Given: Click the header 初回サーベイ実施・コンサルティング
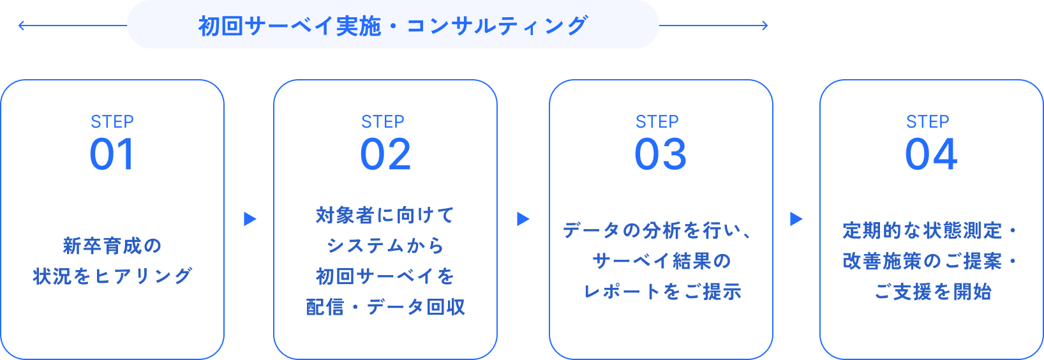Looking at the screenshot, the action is pos(392,26).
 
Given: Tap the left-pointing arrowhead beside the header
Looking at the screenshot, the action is pos(20,26).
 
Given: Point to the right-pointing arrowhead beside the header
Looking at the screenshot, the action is pos(765,26).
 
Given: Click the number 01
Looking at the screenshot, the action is pos(112,154).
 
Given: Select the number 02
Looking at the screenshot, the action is pos(385,154).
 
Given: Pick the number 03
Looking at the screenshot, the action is pos(660,154).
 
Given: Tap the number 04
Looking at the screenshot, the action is pos(931,154).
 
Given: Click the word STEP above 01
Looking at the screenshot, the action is pos(112,122).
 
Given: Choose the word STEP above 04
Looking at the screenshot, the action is pos(927,122).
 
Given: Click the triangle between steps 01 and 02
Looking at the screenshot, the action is pos(250,219).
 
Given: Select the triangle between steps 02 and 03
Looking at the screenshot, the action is pos(523,219).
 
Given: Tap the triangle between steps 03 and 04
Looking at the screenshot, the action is pos(796,219).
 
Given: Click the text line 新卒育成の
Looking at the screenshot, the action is pos(112,246).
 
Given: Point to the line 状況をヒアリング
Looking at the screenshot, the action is pos(112,276).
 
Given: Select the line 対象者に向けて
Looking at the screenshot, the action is pos(385,215).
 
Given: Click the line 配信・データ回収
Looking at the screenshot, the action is pos(385,307).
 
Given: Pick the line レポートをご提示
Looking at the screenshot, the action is pos(662,292).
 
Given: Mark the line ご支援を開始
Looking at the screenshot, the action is pos(932,292).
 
